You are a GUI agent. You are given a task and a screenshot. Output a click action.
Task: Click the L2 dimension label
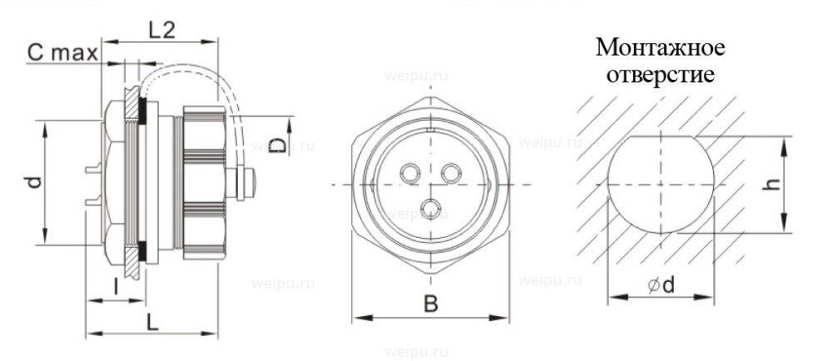tap(161, 31)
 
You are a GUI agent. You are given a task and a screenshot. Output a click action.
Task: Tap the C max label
tap(62, 53)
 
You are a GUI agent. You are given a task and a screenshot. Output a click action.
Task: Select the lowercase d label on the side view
tap(34, 182)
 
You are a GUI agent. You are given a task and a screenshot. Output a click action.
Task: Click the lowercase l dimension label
tap(115, 287)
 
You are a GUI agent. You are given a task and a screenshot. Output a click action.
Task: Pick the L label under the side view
tap(152, 322)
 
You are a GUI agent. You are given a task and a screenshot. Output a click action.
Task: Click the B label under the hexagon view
tap(431, 304)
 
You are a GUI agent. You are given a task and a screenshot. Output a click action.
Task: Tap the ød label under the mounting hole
tap(661, 285)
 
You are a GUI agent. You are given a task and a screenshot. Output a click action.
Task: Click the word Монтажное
tap(660, 47)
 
